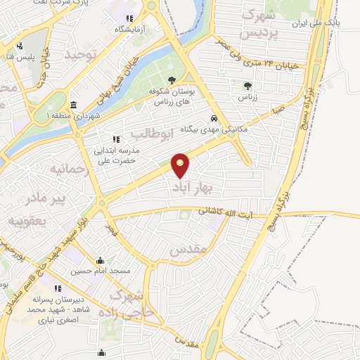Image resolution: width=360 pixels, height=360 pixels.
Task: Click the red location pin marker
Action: click(x=181, y=164)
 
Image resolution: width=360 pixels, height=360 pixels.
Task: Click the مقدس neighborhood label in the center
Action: click(x=187, y=249)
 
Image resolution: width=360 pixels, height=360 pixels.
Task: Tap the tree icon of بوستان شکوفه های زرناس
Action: click(x=172, y=79)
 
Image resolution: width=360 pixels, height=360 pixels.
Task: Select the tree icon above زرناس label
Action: click(x=247, y=86)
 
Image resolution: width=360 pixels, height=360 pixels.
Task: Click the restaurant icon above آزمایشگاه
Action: click(x=128, y=18)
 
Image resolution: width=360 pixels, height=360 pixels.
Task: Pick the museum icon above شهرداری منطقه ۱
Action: click(x=74, y=105)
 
